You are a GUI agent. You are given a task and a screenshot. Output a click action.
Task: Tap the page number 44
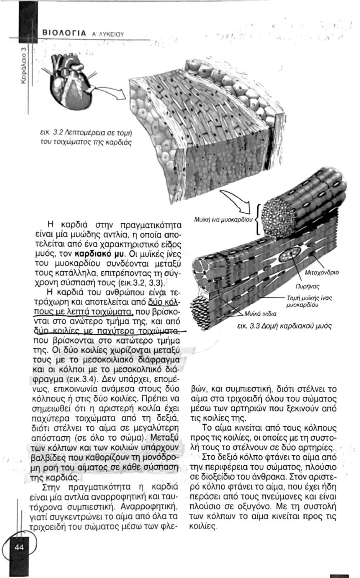(19, 547)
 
